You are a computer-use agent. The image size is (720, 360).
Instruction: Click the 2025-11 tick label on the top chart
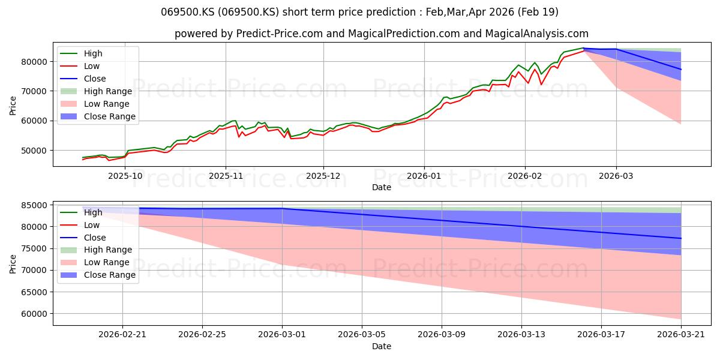[226, 176]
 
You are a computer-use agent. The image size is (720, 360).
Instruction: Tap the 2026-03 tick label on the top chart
[616, 176]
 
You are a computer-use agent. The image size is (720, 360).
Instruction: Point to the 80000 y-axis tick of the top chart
[34, 62]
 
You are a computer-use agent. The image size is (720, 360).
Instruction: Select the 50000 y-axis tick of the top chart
[34, 151]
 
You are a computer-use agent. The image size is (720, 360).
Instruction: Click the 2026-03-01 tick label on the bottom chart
[282, 335]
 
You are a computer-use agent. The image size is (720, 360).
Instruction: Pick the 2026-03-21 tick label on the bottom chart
[681, 335]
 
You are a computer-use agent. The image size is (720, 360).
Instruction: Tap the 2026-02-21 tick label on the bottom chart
[122, 335]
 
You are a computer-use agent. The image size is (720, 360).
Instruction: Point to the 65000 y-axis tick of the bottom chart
[34, 292]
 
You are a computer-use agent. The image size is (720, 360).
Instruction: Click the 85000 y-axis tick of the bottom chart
[34, 205]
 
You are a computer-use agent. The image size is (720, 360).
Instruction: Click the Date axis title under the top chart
[382, 187]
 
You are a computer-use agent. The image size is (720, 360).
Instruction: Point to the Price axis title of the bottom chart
[13, 264]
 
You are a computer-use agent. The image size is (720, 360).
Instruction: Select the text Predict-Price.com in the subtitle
[280, 34]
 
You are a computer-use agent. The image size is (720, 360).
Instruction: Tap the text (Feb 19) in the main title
[538, 12]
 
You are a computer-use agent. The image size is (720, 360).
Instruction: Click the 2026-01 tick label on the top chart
[424, 176]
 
